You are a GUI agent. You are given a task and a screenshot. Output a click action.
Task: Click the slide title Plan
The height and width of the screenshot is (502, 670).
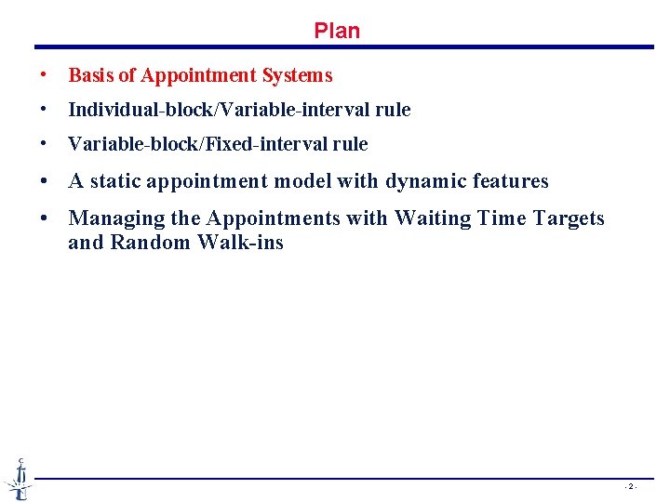[337, 31]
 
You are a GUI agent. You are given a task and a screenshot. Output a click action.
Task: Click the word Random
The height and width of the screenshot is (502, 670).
[143, 244]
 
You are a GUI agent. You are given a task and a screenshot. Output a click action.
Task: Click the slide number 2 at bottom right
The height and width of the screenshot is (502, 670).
[630, 487]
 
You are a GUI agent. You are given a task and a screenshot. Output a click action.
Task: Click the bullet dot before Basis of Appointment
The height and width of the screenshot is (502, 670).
[44, 75]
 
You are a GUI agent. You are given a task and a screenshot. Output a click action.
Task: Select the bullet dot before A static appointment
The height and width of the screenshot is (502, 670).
[44, 181]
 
